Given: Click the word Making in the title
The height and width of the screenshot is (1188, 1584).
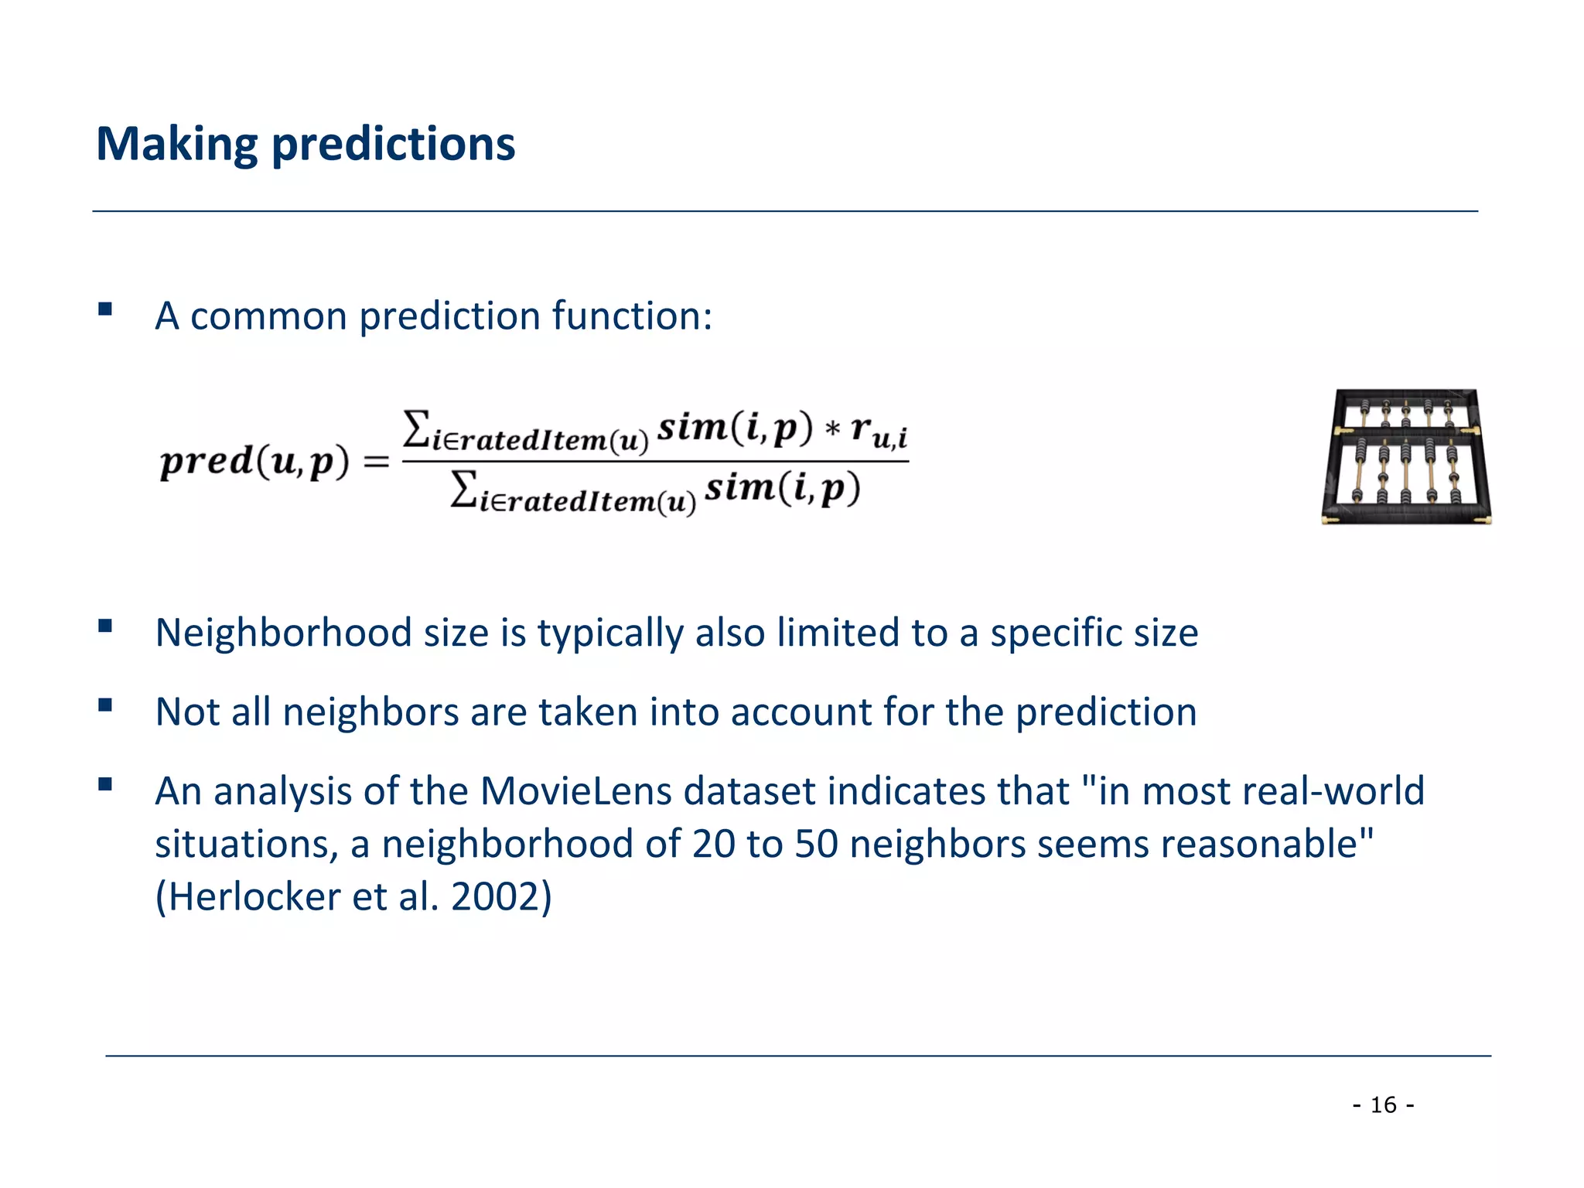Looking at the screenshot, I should click(176, 145).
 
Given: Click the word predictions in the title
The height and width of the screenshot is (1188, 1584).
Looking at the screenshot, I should click(393, 145).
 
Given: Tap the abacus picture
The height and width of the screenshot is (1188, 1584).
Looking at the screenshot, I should click(1406, 457).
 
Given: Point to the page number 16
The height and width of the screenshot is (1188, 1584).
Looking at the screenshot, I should click(1383, 1104).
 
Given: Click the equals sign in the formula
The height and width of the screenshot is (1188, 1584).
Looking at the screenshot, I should click(377, 463).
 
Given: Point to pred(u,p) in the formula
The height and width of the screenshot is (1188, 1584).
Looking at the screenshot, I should click(254, 462).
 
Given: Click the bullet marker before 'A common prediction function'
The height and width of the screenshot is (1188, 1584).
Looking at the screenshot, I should click(105, 310).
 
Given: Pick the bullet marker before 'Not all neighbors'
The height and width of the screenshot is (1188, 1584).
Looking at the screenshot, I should click(105, 705).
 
